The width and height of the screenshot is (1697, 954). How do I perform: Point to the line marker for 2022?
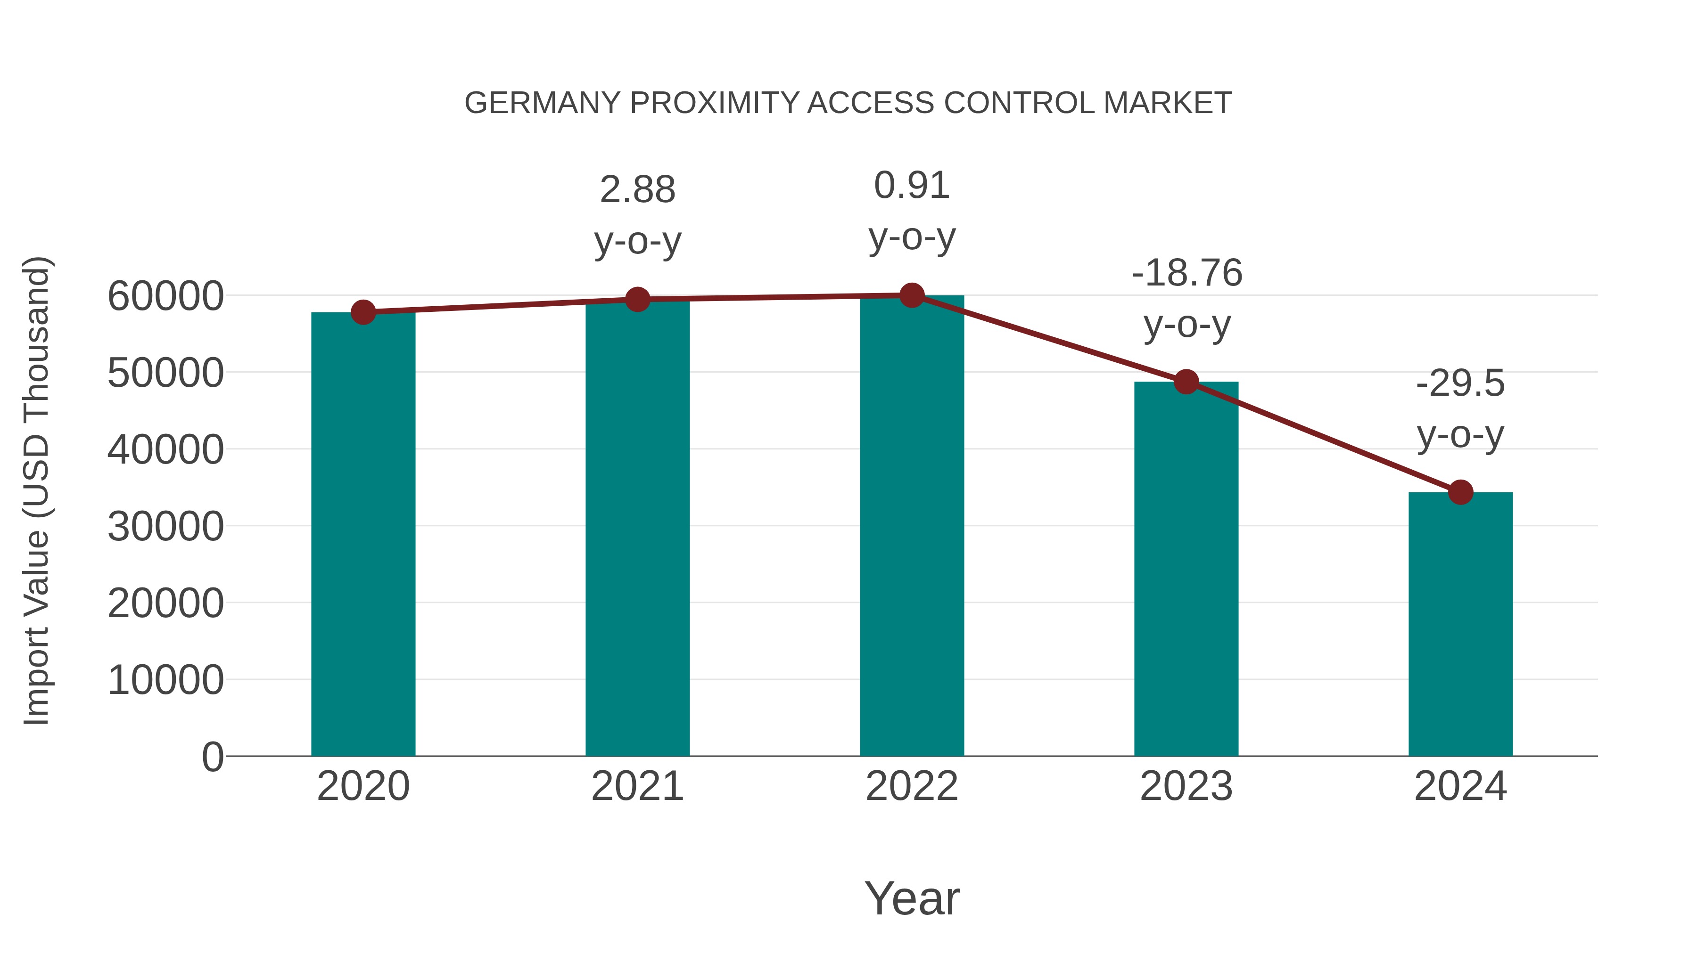coord(912,295)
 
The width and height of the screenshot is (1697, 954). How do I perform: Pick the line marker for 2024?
coord(1460,492)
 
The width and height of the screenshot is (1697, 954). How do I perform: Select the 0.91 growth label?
coord(912,185)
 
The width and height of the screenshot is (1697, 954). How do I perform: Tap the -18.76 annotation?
coord(1186,273)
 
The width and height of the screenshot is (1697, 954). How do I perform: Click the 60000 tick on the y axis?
coord(165,296)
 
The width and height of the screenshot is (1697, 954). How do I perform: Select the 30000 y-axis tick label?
coord(165,527)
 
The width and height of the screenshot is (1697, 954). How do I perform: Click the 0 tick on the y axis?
coord(212,757)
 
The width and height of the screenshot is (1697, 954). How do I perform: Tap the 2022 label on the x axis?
coord(912,786)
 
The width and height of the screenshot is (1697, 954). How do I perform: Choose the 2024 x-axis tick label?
coord(1460,786)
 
